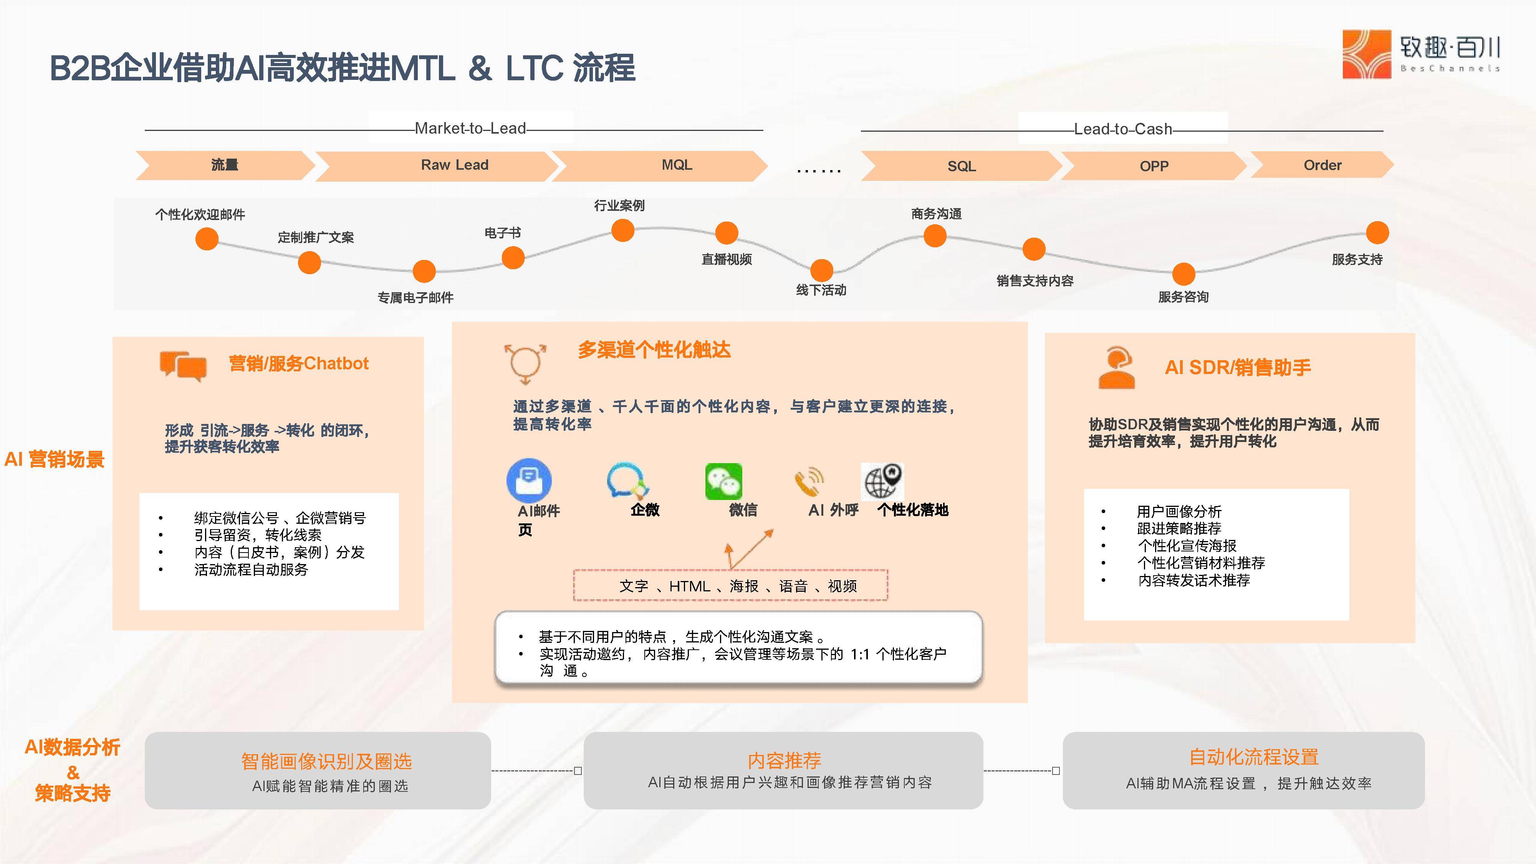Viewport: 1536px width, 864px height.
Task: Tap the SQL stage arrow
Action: click(x=961, y=166)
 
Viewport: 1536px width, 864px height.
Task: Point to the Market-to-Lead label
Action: click(x=470, y=128)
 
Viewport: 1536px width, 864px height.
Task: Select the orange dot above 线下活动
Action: click(x=822, y=270)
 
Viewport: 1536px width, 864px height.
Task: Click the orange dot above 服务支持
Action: click(x=1377, y=233)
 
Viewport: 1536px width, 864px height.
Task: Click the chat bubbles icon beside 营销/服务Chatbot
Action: click(x=183, y=365)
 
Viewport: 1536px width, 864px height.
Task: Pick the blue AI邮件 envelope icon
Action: click(x=529, y=480)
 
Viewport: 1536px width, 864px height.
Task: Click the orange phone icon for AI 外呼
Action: click(x=809, y=482)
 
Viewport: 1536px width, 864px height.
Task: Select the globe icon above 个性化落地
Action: click(x=882, y=481)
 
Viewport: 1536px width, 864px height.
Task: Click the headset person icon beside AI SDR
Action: click(x=1116, y=367)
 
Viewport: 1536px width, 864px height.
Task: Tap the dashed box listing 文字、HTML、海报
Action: click(x=730, y=586)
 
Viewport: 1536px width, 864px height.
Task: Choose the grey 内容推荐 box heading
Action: click(x=784, y=760)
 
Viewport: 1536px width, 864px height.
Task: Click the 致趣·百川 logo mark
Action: click(x=1366, y=55)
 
